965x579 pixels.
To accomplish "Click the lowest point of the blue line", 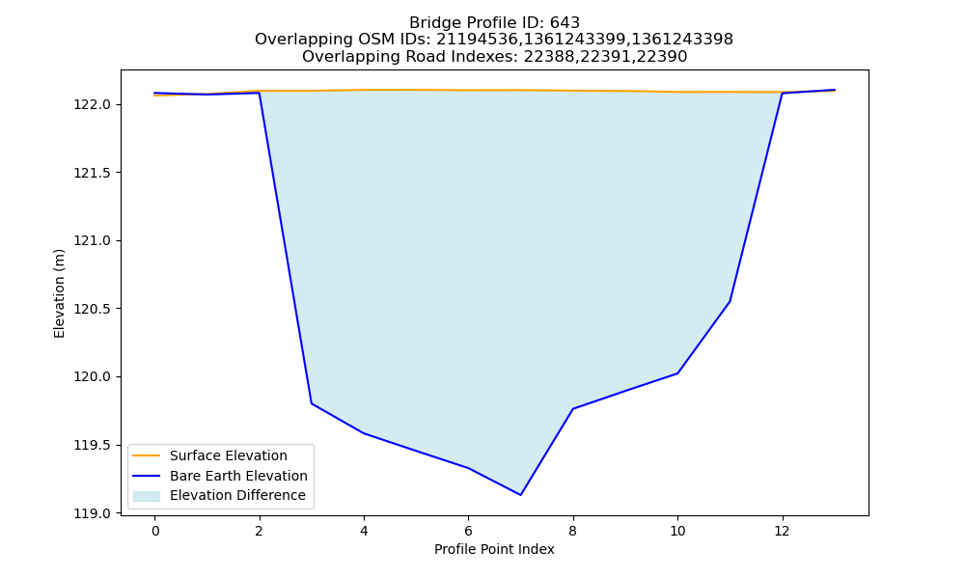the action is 521,495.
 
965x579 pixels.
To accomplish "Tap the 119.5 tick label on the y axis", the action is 93,446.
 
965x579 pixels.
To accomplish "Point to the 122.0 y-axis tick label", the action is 93,104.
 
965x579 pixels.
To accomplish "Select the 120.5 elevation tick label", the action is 93,309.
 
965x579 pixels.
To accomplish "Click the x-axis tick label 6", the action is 468,531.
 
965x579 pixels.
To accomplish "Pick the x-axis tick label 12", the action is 783,531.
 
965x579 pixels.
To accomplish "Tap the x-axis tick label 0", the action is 155,531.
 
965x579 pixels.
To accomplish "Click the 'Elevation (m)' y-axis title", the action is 59,293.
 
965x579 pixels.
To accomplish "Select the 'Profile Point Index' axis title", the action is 494,549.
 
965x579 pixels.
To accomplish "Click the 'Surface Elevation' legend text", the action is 229,455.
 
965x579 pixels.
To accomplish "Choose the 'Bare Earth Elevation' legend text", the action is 238,476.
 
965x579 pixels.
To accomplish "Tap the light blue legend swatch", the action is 147,496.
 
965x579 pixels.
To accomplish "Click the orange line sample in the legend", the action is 147,455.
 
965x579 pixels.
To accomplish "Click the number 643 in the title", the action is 565,23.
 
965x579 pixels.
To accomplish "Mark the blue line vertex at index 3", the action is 312,403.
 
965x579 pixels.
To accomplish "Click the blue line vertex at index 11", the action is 730,301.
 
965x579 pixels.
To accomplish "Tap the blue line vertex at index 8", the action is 573,408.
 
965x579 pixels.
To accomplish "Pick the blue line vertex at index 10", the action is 677,372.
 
